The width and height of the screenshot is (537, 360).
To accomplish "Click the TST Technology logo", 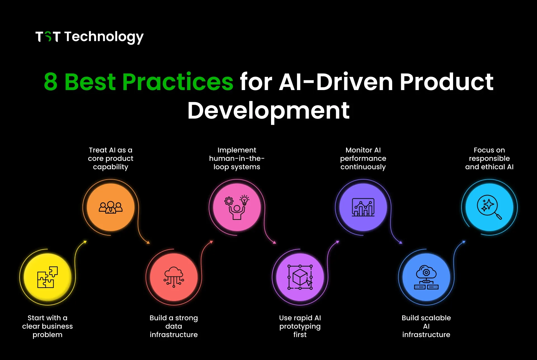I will [x=89, y=37].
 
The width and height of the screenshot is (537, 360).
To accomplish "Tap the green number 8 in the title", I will [x=51, y=82].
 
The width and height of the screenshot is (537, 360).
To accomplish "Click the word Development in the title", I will [x=268, y=111].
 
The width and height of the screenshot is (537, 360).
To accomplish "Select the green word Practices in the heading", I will [x=177, y=82].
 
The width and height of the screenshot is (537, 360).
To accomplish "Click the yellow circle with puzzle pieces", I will [x=48, y=277].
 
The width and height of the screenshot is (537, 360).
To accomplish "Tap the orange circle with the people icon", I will [x=111, y=207].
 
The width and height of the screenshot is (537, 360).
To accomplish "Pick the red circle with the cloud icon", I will [x=174, y=277].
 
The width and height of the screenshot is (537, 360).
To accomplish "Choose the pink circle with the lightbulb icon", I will [x=237, y=207].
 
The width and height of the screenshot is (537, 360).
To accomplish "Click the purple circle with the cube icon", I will [x=300, y=277].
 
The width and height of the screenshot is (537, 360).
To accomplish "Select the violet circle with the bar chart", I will [x=363, y=207].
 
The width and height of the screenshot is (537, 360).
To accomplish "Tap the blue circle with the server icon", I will [x=426, y=277].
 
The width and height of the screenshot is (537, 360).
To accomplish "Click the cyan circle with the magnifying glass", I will [x=489, y=207].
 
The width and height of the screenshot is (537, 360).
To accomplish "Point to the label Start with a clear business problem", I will [x=48, y=326].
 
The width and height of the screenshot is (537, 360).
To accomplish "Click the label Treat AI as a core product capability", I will [x=111, y=158].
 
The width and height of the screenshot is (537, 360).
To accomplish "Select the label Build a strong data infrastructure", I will [x=174, y=326].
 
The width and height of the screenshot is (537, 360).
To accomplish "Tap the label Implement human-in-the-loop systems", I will [x=237, y=158].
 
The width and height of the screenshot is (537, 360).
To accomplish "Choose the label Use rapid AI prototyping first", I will [x=300, y=326].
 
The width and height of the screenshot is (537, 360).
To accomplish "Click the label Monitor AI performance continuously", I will [x=363, y=158].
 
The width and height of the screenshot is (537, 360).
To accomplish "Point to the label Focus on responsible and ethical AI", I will [x=489, y=158].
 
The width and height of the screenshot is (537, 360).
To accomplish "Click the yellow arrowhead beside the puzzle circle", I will [x=85, y=242].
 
